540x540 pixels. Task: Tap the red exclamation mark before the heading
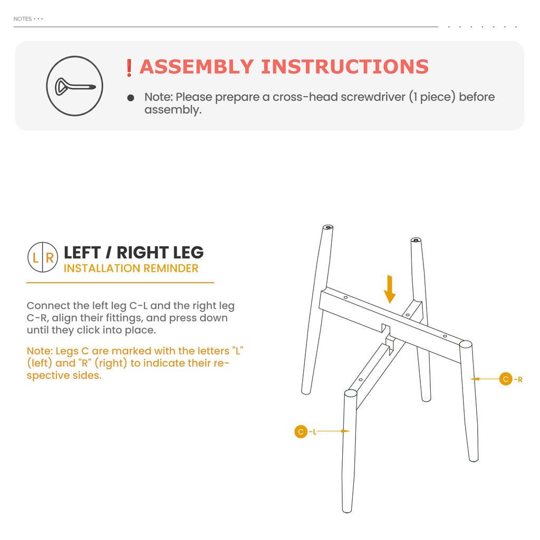pyautogui.click(x=129, y=68)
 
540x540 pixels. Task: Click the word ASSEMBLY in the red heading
pyautogui.click(x=197, y=67)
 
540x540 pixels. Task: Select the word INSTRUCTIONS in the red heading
pyautogui.click(x=345, y=67)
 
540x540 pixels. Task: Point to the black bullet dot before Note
pyautogui.click(x=131, y=98)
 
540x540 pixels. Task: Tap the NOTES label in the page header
pyautogui.click(x=22, y=19)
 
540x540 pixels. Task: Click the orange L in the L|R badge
pyautogui.click(x=35, y=257)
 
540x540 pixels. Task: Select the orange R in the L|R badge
pyautogui.click(x=50, y=257)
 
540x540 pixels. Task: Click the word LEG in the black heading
pyautogui.click(x=188, y=253)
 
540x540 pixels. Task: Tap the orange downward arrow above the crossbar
pyautogui.click(x=390, y=290)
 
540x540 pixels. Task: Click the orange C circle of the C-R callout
pyautogui.click(x=506, y=379)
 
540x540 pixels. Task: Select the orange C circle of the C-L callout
pyautogui.click(x=301, y=431)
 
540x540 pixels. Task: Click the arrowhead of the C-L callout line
pyautogui.click(x=345, y=431)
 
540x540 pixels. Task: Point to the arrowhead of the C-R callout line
pyautogui.click(x=475, y=379)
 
